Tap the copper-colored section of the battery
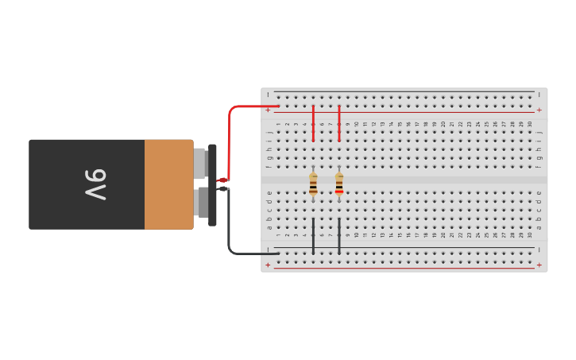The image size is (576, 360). [x=168, y=184]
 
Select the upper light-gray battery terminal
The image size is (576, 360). [x=200, y=163]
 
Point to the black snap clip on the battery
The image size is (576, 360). [x=212, y=184]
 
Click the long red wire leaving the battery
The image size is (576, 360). [x=230, y=135]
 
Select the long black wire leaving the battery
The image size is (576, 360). [x=230, y=234]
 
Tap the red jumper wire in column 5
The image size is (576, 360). [x=313, y=123]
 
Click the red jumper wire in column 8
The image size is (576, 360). [x=339, y=123]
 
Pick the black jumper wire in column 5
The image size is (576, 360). [x=313, y=236]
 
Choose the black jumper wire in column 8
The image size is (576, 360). [x=339, y=236]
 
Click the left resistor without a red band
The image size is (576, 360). [x=313, y=184]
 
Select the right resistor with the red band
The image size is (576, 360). [x=339, y=184]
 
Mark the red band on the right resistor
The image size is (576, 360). [x=339, y=192]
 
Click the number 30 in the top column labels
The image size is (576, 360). [x=530, y=124]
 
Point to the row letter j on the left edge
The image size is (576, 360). [x=269, y=133]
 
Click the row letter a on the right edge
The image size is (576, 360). [x=539, y=227]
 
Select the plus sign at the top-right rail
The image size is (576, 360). [x=539, y=110]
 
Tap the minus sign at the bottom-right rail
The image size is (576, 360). [x=539, y=250]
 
